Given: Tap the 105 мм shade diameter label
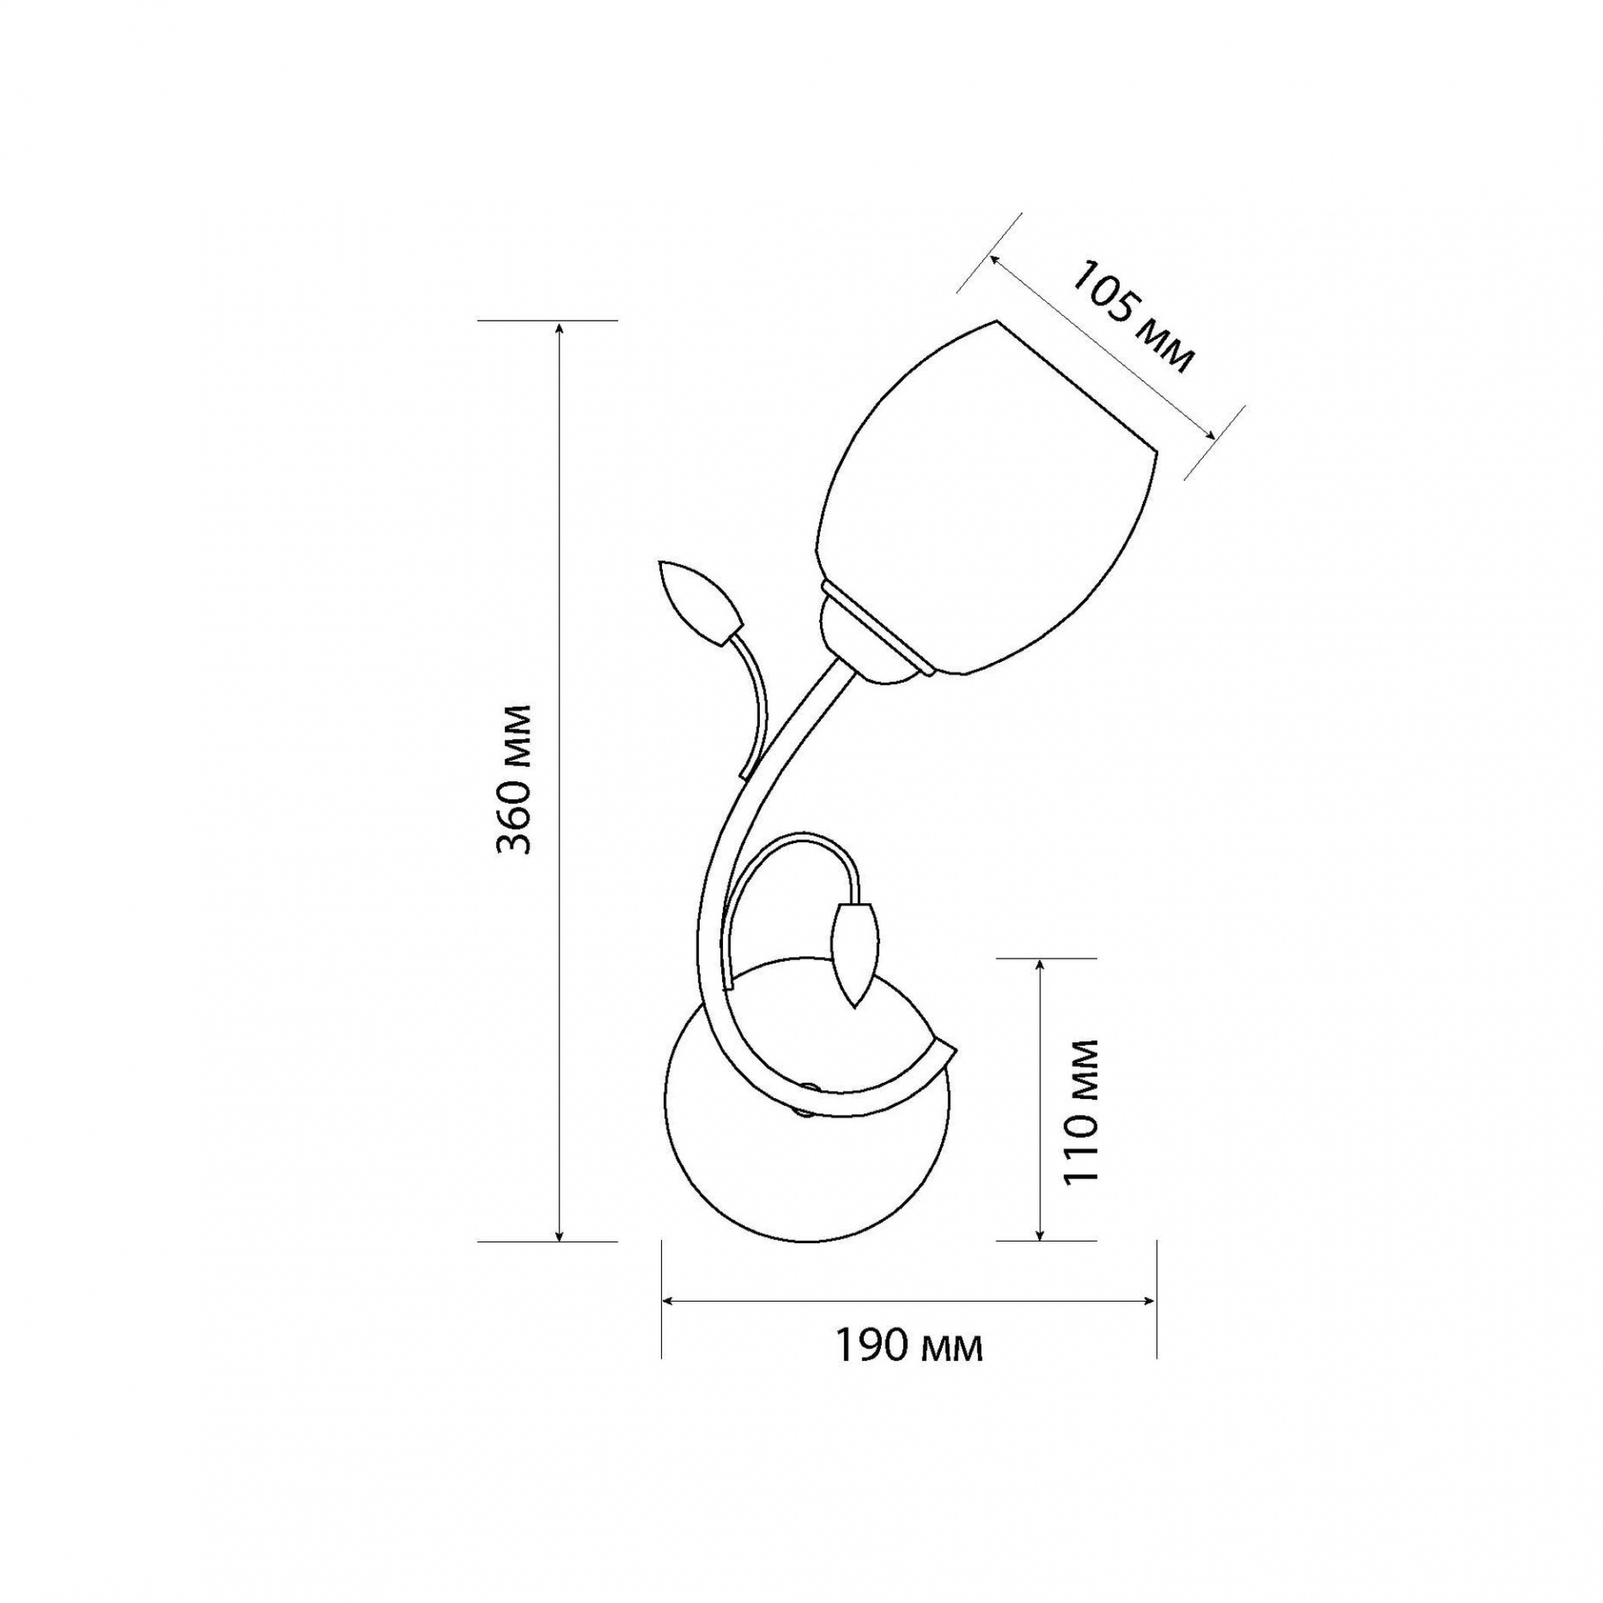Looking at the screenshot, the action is coord(1133,317).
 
